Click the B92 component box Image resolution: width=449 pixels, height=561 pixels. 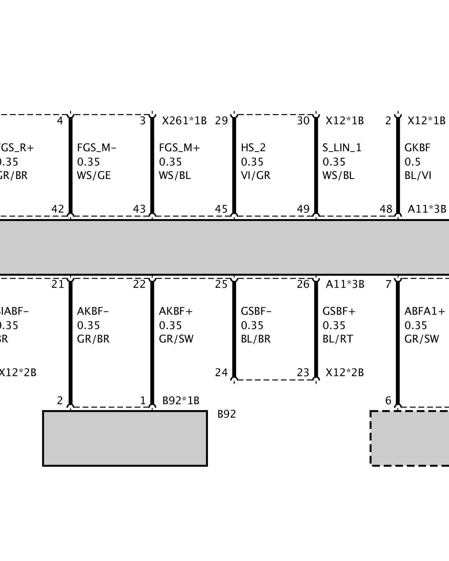point(125,438)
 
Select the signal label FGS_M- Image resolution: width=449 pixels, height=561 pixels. point(97,148)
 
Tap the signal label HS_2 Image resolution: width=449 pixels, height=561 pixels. point(253,148)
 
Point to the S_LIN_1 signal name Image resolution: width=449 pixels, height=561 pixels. point(342,148)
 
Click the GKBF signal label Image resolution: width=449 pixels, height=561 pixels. point(417,148)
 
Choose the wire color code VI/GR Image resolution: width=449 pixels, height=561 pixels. point(255,176)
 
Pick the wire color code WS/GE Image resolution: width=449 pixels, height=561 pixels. point(94,176)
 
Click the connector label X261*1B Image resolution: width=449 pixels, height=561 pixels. point(184,121)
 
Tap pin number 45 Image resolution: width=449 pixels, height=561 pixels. point(221,209)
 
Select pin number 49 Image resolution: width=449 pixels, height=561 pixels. point(303,209)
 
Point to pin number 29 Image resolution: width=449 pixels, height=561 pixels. point(221,121)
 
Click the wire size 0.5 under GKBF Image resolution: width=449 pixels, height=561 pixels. point(413,162)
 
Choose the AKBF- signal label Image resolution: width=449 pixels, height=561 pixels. point(93,311)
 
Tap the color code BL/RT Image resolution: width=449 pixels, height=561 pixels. point(338,339)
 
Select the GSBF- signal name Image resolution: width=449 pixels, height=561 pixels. point(256,311)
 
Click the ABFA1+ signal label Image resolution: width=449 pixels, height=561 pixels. point(425,311)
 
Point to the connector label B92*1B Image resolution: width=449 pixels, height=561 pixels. point(181,401)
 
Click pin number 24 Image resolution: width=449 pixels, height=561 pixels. point(221,373)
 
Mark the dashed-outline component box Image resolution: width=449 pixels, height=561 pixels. point(410,438)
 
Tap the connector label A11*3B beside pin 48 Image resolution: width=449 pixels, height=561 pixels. point(427,209)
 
